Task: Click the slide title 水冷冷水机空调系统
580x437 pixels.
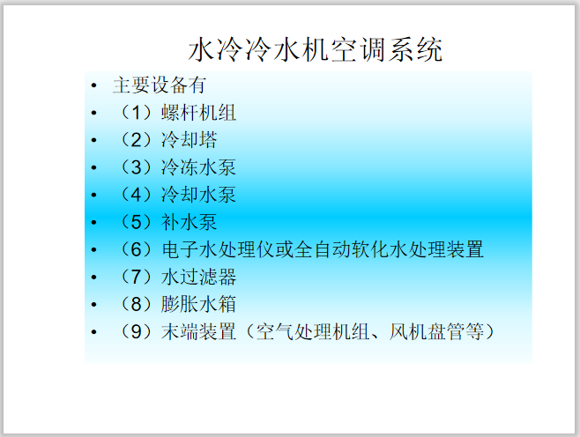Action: pyautogui.click(x=316, y=50)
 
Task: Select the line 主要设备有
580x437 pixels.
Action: pyautogui.click(x=159, y=85)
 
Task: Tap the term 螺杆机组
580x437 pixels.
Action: pyautogui.click(x=198, y=113)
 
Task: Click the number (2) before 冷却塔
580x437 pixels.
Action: pyautogui.click(x=136, y=140)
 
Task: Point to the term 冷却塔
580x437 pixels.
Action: pyautogui.click(x=189, y=140)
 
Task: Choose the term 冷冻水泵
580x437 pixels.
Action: pyautogui.click(x=198, y=167)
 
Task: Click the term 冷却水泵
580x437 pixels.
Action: pyautogui.click(x=198, y=194)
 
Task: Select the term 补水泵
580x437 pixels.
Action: pyautogui.click(x=189, y=222)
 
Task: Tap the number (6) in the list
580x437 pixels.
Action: pyautogui.click(x=136, y=249)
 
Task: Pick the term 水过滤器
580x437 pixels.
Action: pyautogui.click(x=198, y=278)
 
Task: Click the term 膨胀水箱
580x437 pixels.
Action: pyautogui.click(x=198, y=305)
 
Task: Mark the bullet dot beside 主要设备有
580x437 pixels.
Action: pyautogui.click(x=93, y=86)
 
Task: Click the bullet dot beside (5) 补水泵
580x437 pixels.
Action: pyautogui.click(x=93, y=223)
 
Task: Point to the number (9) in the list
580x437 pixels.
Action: pyautogui.click(x=136, y=332)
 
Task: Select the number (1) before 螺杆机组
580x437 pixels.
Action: pyautogui.click(x=136, y=113)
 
